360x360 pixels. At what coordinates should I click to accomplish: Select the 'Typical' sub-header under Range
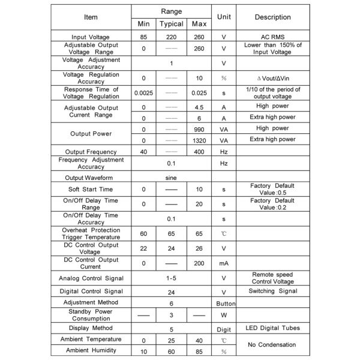172,25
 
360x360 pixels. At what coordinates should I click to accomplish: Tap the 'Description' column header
272,17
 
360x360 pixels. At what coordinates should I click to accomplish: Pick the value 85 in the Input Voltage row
143,37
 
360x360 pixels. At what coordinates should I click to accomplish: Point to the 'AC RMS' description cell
272,37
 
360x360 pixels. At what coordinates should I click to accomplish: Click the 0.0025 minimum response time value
143,93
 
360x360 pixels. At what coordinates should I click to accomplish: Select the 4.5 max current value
199,107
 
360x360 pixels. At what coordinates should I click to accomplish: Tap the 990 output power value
199,128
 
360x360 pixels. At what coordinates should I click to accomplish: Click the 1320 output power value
199,139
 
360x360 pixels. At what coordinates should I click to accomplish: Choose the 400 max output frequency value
199,152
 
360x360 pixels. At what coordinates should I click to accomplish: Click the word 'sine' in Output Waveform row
172,178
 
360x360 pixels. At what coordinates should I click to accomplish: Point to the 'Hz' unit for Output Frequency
224,152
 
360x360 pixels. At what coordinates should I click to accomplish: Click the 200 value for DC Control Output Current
199,263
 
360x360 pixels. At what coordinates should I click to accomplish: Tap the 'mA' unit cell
224,263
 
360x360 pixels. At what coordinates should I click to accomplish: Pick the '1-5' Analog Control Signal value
172,278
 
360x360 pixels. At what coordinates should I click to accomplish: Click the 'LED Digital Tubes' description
272,328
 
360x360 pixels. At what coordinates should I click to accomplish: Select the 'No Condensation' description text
272,345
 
